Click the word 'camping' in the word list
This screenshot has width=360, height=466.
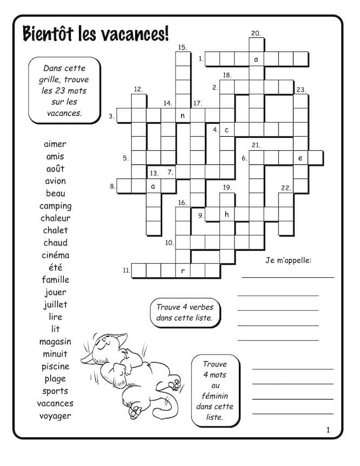[55, 206]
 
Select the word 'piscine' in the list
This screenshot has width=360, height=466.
[55, 367]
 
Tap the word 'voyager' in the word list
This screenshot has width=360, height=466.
[55, 416]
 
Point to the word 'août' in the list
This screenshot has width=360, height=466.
[55, 169]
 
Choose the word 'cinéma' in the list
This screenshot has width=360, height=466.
[55, 255]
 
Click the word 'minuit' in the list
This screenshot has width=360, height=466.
[55, 354]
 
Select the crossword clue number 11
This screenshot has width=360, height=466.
[125, 270]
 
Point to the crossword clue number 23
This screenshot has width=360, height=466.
[301, 90]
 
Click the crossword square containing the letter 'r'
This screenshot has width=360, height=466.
[183, 271]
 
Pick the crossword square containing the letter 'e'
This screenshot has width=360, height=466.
[301, 158]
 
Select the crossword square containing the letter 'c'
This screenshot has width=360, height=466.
[227, 130]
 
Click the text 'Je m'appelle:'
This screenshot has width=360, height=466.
[289, 261]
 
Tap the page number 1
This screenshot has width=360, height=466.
[328, 430]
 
